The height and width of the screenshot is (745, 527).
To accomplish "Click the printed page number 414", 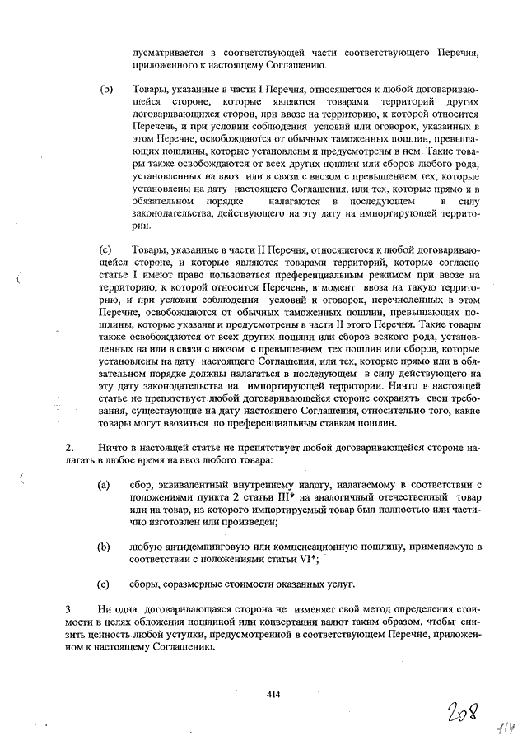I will (x=273, y=695).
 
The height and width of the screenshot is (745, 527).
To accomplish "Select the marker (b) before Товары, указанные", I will (x=105, y=86).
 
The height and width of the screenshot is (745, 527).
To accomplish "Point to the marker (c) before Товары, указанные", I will (x=105, y=248).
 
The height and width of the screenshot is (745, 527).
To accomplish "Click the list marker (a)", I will (x=104, y=486).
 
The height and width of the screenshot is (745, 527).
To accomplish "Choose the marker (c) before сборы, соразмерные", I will (x=104, y=585).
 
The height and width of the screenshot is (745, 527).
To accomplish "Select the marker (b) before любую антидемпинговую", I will (x=104, y=546).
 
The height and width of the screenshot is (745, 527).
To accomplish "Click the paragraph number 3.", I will (x=69, y=609).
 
